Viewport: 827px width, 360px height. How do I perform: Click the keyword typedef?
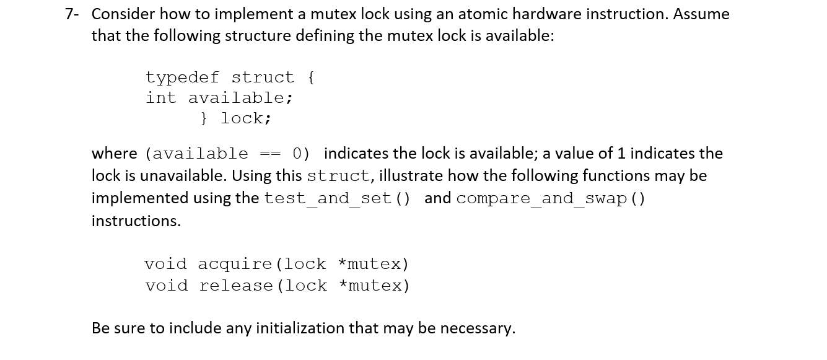tap(182, 77)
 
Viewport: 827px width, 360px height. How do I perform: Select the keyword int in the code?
tap(161, 98)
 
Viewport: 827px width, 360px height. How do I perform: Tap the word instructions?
tap(136, 221)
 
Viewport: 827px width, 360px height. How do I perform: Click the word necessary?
tap(477, 328)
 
